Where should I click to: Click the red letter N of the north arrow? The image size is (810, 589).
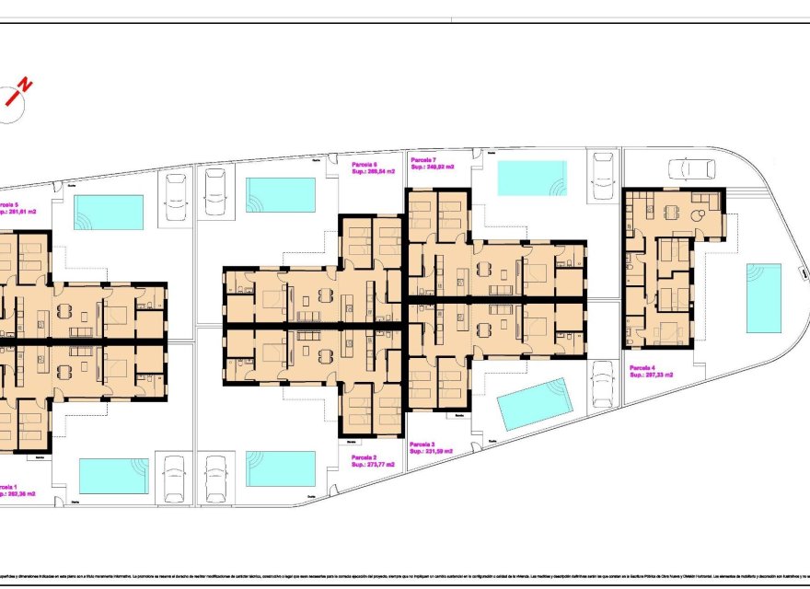point(25,85)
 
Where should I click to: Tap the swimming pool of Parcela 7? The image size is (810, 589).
point(532,178)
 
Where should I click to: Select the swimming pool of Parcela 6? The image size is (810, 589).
point(281,194)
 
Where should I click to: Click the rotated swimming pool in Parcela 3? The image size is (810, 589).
point(534,403)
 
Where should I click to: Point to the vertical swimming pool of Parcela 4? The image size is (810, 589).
point(763,298)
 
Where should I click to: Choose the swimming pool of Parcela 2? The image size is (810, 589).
point(281,468)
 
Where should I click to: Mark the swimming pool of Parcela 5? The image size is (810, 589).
point(109,212)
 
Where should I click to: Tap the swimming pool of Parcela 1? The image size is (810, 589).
point(113,475)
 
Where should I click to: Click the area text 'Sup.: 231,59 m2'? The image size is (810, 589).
point(436,450)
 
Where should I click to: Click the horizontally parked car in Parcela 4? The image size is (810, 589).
point(690,168)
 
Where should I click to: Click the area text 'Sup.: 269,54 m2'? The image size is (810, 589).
point(373,171)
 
